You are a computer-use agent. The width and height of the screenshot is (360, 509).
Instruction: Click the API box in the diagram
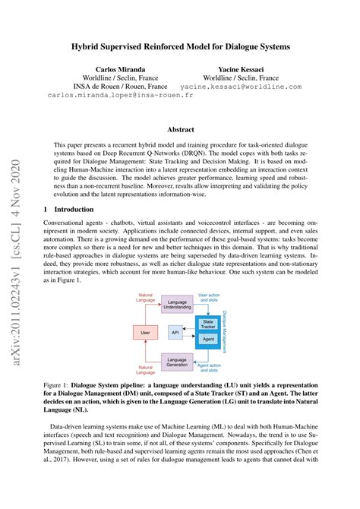pyautogui.click(x=175, y=332)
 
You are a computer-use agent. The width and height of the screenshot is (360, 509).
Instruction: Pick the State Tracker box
pyautogui.click(x=207, y=325)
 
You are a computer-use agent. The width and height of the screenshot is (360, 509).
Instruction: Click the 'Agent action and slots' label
pyautogui.click(x=209, y=368)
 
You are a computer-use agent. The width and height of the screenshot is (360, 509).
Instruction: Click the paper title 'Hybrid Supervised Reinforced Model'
pyautogui.click(x=180, y=47)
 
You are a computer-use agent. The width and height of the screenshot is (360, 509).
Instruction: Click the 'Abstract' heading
pyautogui.click(x=180, y=130)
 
